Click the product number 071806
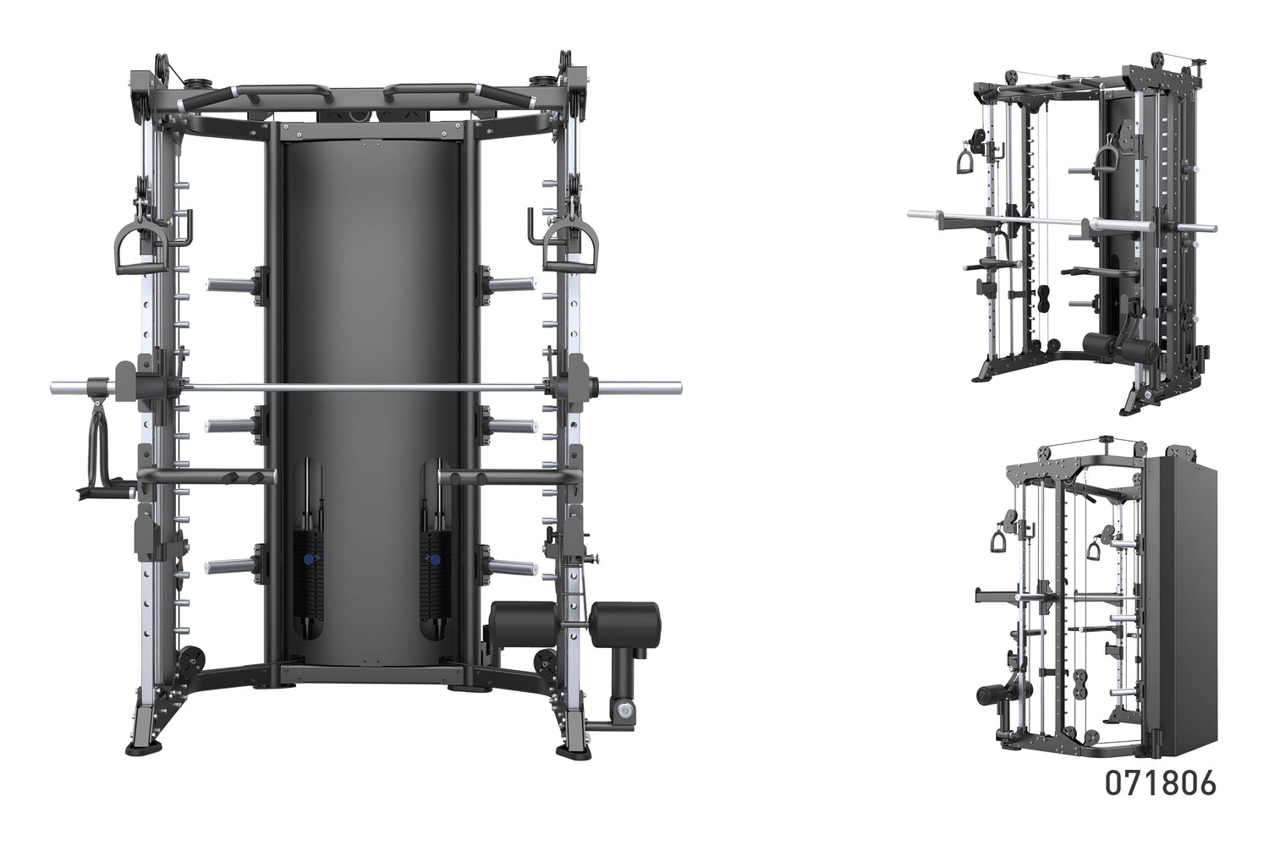1160,783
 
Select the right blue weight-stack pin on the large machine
434,560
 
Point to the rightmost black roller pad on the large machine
624,625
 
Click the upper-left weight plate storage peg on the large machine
233,284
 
